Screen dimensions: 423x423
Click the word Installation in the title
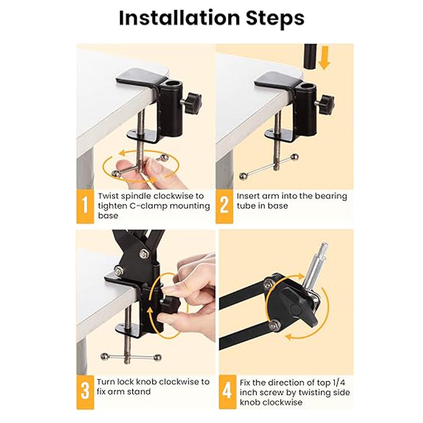(179, 18)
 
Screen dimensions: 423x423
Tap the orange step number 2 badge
(224, 206)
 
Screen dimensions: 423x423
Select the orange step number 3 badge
(85, 392)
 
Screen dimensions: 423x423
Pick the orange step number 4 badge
(227, 392)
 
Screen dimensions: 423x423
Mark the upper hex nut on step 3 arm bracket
(144, 254)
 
